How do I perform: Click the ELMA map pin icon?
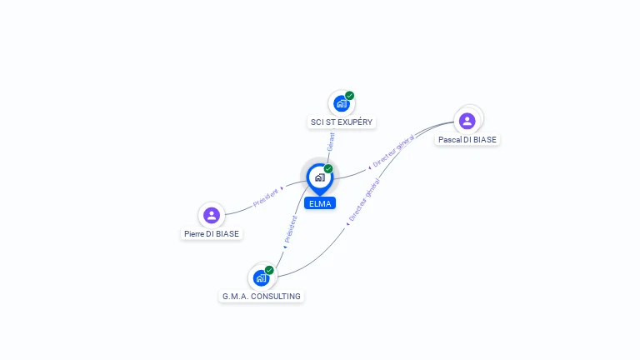(x=320, y=179)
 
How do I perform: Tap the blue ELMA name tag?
(x=320, y=203)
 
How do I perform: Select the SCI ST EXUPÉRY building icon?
(x=341, y=103)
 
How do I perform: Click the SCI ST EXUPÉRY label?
(x=342, y=122)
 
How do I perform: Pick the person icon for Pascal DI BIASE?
(x=467, y=121)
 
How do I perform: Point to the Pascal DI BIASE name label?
(x=467, y=140)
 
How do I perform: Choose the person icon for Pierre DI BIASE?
(x=212, y=215)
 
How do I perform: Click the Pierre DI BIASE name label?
(x=212, y=234)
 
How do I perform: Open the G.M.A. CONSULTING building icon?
(x=261, y=278)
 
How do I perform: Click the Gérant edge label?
(x=331, y=142)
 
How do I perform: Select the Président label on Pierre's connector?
(x=265, y=197)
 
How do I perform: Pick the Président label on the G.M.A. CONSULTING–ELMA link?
(x=291, y=229)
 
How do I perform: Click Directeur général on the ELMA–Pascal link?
(x=393, y=151)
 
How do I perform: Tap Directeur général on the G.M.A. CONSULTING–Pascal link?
(x=364, y=200)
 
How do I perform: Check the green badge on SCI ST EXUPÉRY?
(x=349, y=96)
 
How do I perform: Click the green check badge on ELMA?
(x=328, y=168)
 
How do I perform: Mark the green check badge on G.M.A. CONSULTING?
(x=269, y=270)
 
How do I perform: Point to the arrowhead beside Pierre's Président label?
(x=282, y=188)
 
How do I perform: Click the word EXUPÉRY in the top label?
(x=355, y=122)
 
